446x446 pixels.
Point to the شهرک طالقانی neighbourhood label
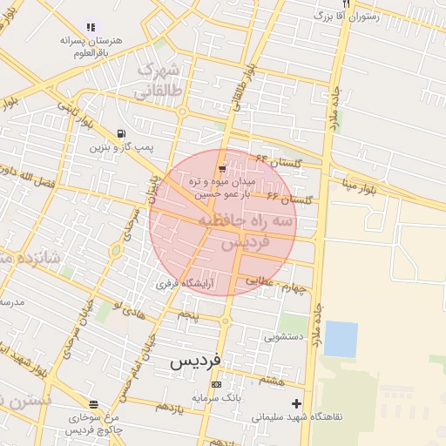coord(158,80)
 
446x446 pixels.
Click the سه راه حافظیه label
coord(258,223)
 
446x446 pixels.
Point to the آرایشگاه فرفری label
coord(185,283)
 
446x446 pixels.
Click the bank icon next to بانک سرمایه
coord(216,384)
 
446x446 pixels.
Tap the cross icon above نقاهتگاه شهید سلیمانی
coord(297,403)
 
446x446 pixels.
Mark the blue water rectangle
coord(341,339)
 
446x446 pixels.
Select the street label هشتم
coord(274,380)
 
